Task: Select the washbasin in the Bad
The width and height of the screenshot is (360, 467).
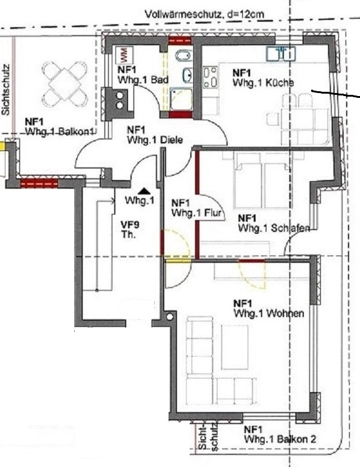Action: pos(188,74)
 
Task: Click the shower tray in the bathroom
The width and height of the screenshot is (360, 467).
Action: pos(181,99)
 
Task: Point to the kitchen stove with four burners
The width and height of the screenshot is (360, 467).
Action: pos(210,77)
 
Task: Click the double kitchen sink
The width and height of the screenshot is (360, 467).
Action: pos(281,54)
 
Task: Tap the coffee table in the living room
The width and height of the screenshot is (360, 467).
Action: pos(234,347)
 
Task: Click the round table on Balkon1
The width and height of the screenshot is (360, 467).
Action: pos(65,84)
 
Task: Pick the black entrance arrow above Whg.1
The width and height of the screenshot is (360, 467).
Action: pos(144,191)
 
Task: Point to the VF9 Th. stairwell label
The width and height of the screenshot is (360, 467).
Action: pos(130,230)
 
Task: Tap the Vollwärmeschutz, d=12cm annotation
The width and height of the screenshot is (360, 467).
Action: pos(205,14)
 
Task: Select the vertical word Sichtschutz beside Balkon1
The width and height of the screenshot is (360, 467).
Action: pos(5,89)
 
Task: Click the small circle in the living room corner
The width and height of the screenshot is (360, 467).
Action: pos(170,317)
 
